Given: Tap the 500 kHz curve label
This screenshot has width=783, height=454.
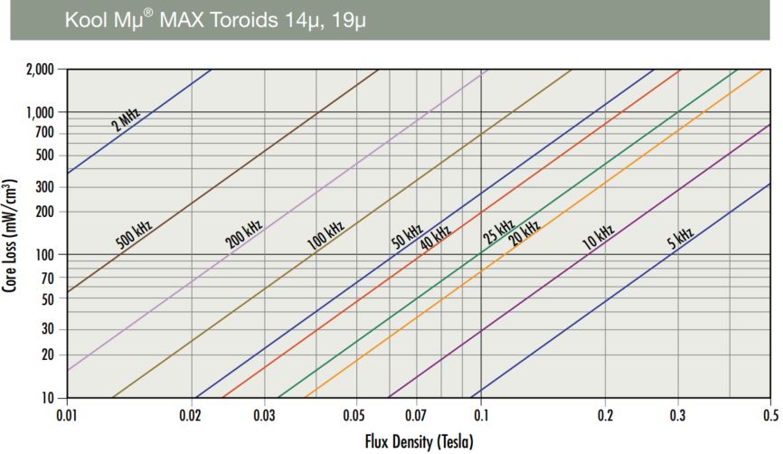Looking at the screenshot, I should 134,234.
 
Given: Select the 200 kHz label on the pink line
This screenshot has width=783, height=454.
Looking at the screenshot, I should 243,234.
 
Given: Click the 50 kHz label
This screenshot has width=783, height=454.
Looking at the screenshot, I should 406,236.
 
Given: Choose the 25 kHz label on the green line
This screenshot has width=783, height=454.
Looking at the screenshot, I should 498,232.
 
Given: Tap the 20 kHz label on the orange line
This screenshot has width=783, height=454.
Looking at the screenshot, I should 525,232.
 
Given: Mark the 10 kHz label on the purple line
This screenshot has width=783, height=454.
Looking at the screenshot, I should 598,236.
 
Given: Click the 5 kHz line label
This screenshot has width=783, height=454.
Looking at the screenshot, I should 679,239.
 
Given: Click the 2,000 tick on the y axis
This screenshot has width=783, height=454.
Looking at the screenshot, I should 41,69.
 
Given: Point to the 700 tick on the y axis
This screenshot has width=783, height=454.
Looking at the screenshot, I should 44,134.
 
